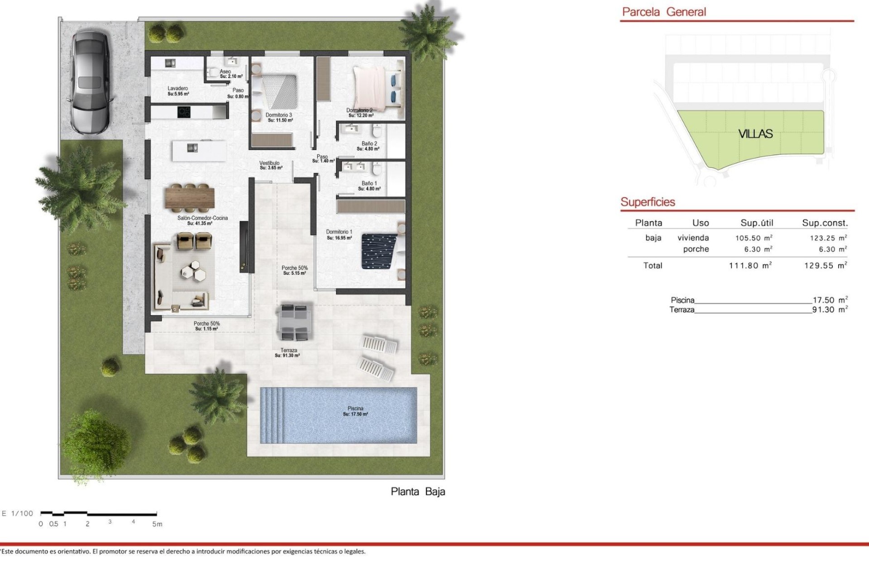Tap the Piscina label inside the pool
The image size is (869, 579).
tap(355, 408)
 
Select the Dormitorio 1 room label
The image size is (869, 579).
tap(339, 232)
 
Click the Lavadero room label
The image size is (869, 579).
tap(177, 89)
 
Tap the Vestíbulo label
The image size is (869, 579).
tap(269, 163)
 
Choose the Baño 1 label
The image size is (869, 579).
tap(369, 184)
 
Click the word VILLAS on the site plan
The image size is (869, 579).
tap(755, 134)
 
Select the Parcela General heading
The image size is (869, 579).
tap(664, 12)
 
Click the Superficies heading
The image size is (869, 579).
tap(648, 202)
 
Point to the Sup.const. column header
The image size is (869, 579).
tap(825, 223)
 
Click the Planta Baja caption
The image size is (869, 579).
tap(418, 492)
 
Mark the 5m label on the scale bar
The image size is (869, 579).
tap(157, 524)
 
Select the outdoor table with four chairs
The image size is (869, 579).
tap(294, 323)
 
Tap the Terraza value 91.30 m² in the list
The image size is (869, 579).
tap(830, 310)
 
